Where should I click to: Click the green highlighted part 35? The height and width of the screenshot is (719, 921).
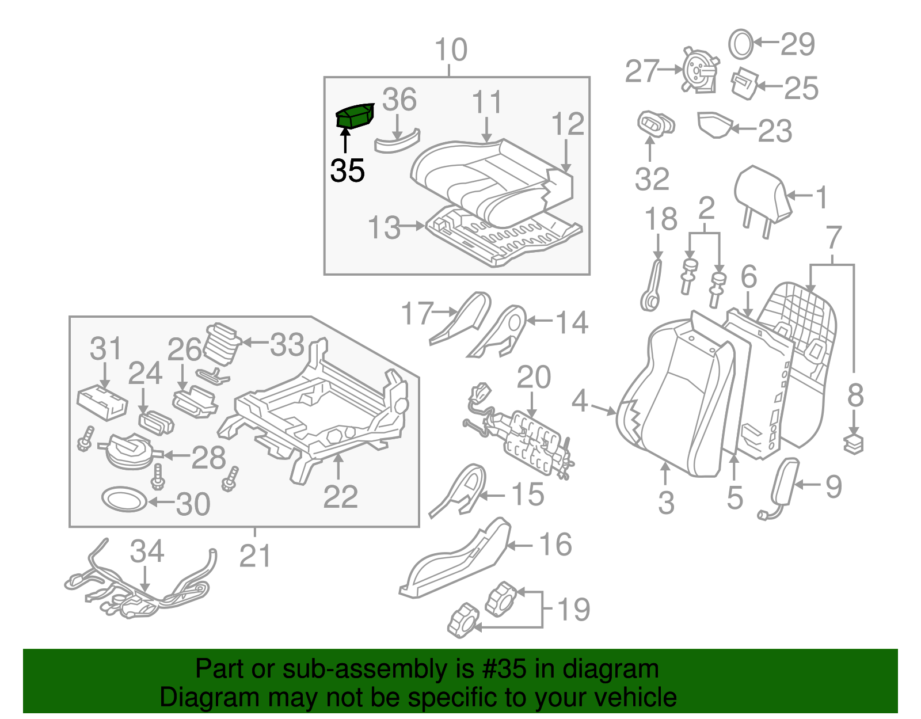[355, 116]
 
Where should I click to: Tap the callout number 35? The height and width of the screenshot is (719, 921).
[348, 171]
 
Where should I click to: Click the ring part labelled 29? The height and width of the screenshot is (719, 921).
[741, 44]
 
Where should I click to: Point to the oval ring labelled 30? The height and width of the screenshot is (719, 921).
[123, 499]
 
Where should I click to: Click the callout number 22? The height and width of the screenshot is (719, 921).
[340, 497]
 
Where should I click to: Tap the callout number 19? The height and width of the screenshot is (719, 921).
[573, 610]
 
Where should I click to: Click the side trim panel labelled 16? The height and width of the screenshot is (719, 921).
[455, 561]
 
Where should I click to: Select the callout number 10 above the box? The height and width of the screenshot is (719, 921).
[451, 50]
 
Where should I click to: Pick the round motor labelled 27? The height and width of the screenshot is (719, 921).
[699, 70]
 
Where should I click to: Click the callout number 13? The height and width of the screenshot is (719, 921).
[384, 228]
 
